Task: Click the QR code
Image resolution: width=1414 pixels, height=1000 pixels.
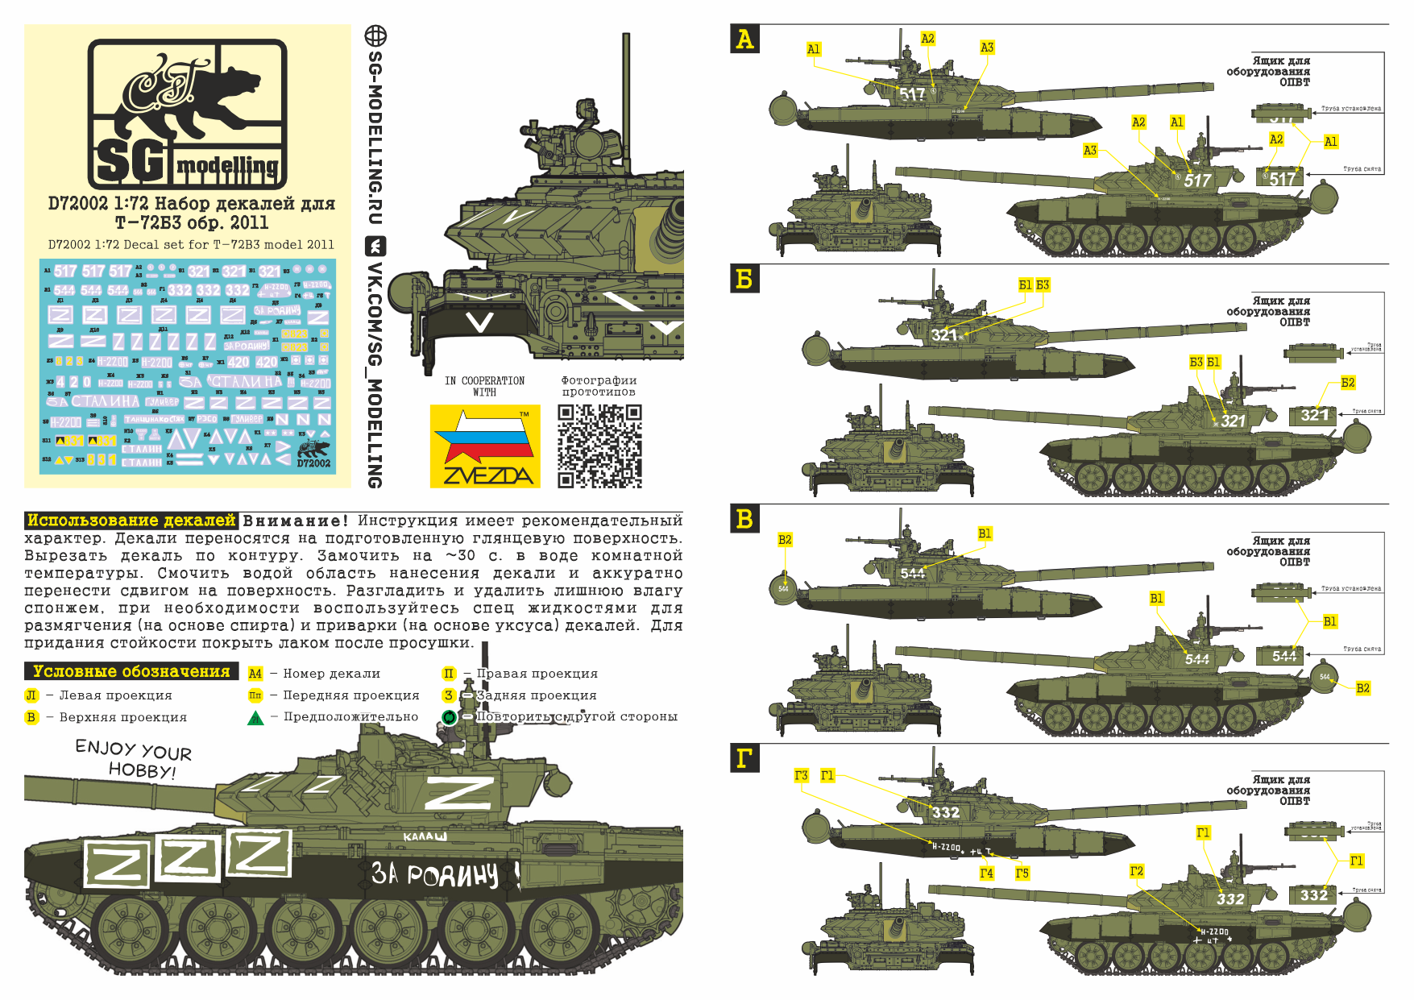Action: (599, 446)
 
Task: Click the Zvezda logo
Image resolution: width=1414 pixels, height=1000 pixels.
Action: (485, 446)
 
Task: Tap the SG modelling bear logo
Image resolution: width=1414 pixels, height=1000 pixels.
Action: (187, 114)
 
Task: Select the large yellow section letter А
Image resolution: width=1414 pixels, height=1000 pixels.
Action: (744, 39)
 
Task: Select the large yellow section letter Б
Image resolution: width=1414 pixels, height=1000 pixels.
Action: (744, 279)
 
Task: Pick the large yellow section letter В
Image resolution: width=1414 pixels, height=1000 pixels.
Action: (744, 519)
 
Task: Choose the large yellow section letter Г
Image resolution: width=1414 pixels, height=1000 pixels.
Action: (744, 758)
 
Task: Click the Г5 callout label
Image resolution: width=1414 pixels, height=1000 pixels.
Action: (1022, 873)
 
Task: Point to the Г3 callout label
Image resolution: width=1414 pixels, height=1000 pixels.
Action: (801, 775)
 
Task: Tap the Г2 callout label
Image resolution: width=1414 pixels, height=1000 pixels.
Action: (1136, 871)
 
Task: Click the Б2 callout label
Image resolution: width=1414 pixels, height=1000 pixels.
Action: (1348, 383)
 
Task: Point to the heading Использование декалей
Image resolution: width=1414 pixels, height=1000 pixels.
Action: (131, 521)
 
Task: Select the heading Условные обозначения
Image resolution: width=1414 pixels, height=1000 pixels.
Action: (131, 671)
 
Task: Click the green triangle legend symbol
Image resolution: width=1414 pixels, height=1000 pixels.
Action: (255, 717)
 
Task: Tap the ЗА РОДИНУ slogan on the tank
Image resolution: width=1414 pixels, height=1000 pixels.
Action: (435, 874)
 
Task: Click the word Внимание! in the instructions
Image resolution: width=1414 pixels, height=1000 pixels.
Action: (296, 521)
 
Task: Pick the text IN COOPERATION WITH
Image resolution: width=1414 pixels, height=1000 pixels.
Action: (484, 386)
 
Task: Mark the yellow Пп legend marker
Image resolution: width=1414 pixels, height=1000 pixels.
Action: (255, 695)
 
